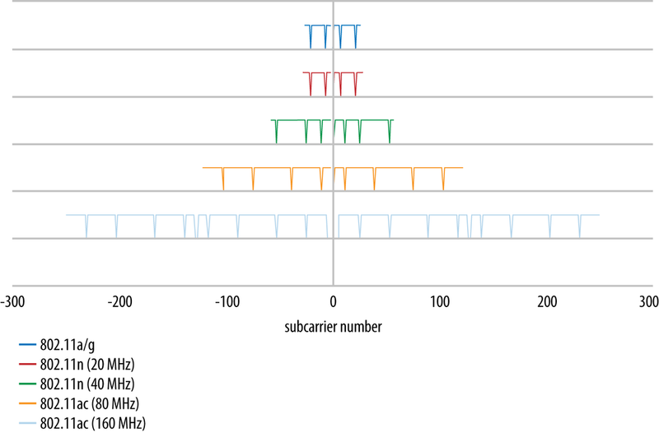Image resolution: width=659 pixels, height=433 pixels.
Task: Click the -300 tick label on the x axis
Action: pos(13,303)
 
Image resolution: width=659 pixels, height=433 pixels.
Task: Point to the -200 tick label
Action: pos(120,303)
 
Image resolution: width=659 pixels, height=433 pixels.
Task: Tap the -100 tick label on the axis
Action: pos(227,303)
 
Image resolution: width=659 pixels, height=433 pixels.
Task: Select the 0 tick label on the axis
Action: pos(333,303)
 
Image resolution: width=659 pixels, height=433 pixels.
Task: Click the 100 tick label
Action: pos(439,303)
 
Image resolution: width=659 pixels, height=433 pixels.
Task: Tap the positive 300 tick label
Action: pos(648,303)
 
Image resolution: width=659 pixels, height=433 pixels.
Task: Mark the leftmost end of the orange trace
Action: pos(203,168)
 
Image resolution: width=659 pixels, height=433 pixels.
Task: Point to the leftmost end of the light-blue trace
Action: pos(67,215)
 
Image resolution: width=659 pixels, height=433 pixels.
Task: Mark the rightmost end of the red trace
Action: pos(362,72)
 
